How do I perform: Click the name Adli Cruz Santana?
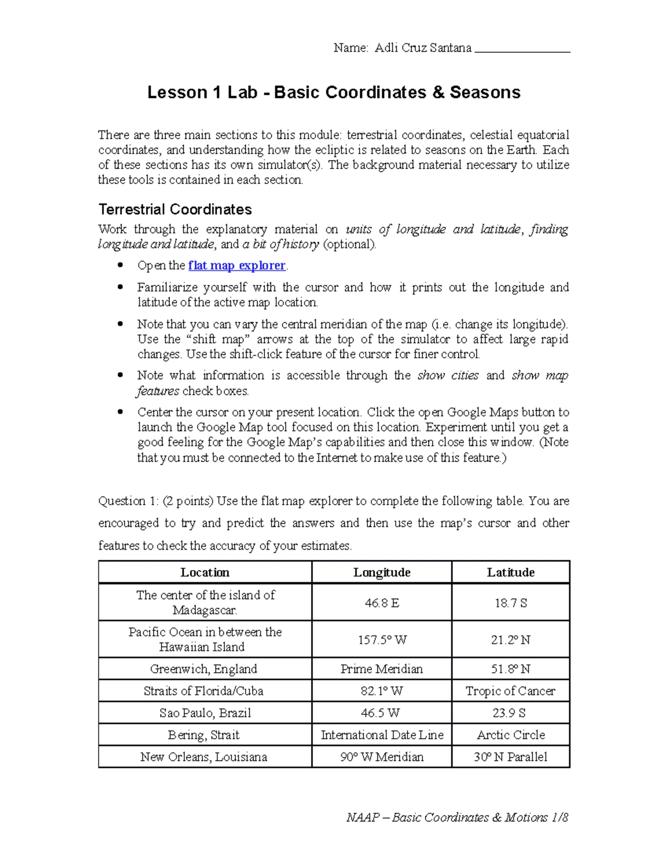click(x=423, y=48)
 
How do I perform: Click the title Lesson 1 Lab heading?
click(x=333, y=92)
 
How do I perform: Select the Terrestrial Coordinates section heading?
click(x=175, y=210)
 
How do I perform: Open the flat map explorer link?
click(x=237, y=265)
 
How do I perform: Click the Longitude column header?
click(x=381, y=572)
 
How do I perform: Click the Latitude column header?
click(x=510, y=572)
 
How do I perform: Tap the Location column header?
click(x=205, y=572)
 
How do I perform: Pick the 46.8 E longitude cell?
click(x=381, y=603)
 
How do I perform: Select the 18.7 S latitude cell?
click(x=510, y=603)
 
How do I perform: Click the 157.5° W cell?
click(x=381, y=640)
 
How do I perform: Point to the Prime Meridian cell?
click(x=381, y=669)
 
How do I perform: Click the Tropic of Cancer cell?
click(x=510, y=691)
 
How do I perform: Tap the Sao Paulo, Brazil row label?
click(x=205, y=713)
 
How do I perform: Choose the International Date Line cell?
click(x=381, y=735)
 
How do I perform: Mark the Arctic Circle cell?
click(x=510, y=735)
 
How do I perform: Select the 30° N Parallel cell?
click(x=510, y=757)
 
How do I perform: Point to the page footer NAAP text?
click(x=456, y=817)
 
